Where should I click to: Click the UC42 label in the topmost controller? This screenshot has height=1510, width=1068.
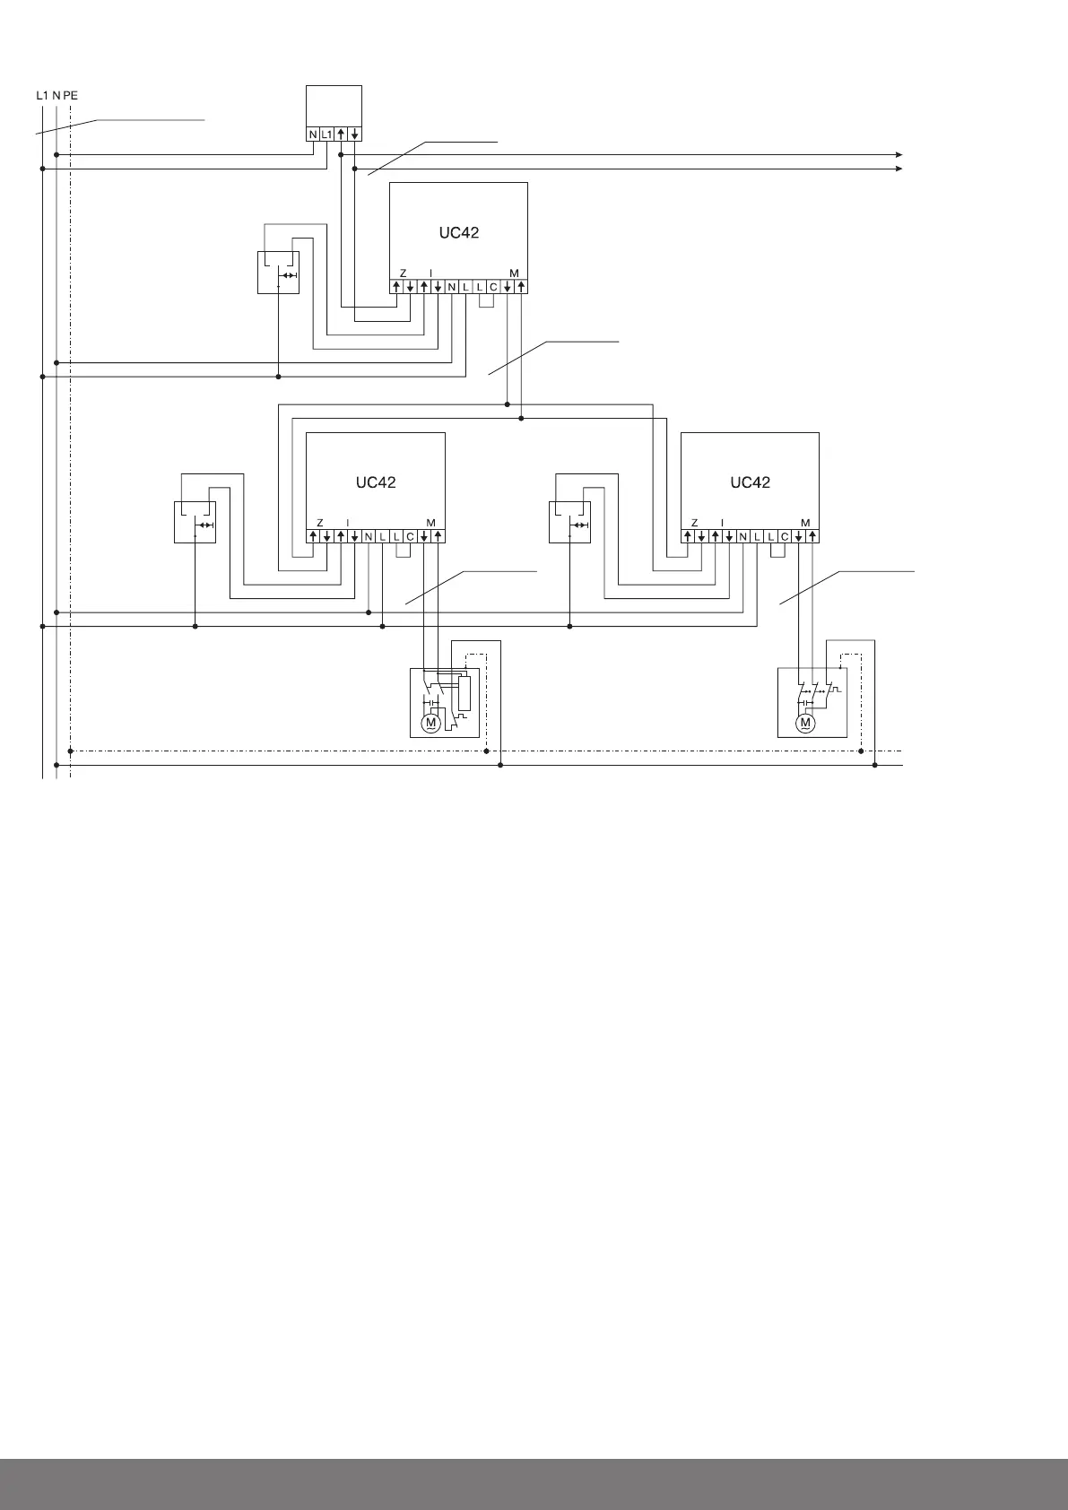(x=458, y=232)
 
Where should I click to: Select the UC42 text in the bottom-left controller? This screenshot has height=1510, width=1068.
(x=376, y=482)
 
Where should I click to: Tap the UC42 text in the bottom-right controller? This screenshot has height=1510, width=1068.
(x=751, y=482)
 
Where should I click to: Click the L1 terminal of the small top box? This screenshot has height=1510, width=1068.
(x=326, y=135)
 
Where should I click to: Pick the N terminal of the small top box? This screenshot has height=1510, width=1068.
(x=313, y=135)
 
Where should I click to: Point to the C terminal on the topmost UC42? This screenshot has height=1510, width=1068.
(x=493, y=287)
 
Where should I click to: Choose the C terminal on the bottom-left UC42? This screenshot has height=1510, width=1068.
(x=410, y=536)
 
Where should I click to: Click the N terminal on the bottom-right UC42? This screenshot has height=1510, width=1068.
(x=743, y=536)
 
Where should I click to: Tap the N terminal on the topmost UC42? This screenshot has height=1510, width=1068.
(x=452, y=287)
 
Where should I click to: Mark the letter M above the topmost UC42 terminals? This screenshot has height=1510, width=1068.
(x=514, y=273)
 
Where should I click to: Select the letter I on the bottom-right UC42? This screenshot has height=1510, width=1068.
(x=722, y=523)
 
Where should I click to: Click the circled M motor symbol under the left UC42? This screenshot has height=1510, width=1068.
(x=431, y=722)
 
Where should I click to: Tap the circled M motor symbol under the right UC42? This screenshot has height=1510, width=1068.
(x=805, y=722)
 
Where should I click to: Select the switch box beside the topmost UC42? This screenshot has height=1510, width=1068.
(x=278, y=272)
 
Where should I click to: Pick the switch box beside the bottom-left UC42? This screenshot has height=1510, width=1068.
(x=195, y=522)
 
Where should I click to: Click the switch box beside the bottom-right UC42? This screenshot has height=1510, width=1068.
(x=569, y=522)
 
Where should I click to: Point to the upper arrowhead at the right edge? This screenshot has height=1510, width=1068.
(x=899, y=154)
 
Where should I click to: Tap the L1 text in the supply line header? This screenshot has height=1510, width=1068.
(x=41, y=94)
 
